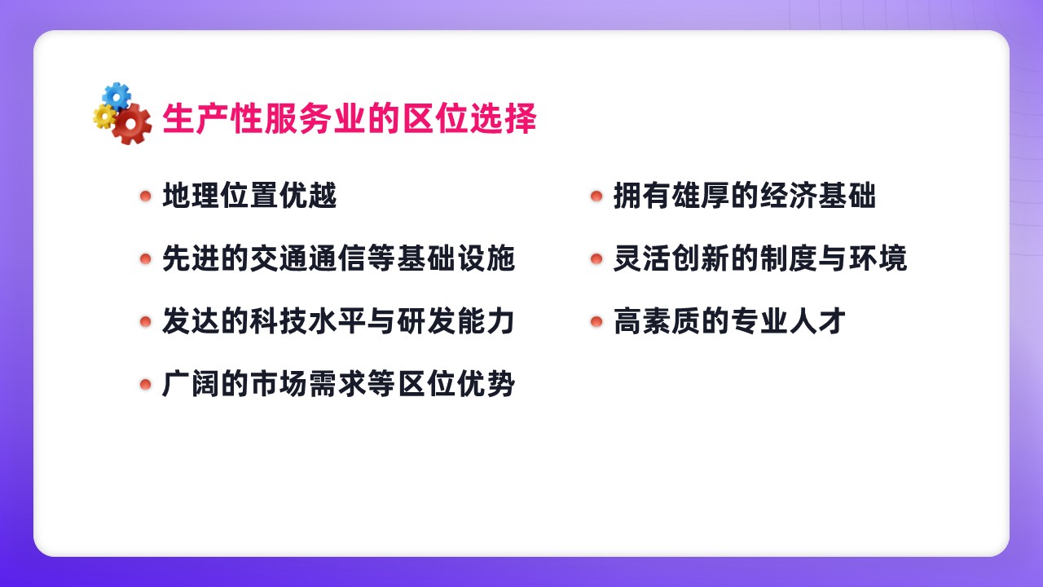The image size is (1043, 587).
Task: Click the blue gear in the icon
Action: [x=117, y=96]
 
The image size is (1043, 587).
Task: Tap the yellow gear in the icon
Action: [x=103, y=117]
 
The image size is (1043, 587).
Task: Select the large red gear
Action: [x=132, y=124]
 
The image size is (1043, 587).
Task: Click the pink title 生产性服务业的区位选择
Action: [x=350, y=118]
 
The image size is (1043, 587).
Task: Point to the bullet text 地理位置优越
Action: [x=249, y=195]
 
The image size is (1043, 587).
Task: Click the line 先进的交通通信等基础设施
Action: [x=338, y=258]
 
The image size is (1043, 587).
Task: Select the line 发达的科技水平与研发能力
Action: [x=338, y=321]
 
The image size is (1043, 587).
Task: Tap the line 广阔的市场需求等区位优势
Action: [x=338, y=384]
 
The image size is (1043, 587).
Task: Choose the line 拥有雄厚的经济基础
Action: [x=745, y=195]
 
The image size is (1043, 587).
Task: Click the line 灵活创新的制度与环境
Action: [x=760, y=258]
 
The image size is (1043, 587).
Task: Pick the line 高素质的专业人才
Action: [x=729, y=321]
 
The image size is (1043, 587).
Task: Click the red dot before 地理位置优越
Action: [x=146, y=196]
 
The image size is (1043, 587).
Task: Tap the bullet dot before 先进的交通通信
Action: [x=146, y=258]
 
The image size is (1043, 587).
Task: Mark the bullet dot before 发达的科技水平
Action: [x=146, y=321]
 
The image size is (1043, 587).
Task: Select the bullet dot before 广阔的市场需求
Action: [x=146, y=384]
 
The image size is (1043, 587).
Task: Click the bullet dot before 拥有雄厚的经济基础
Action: [x=596, y=196]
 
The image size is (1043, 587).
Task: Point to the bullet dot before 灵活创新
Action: [x=596, y=258]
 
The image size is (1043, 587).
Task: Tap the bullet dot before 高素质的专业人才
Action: [x=596, y=321]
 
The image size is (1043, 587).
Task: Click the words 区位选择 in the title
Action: [x=469, y=118]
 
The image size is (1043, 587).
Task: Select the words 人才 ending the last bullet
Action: [x=817, y=321]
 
